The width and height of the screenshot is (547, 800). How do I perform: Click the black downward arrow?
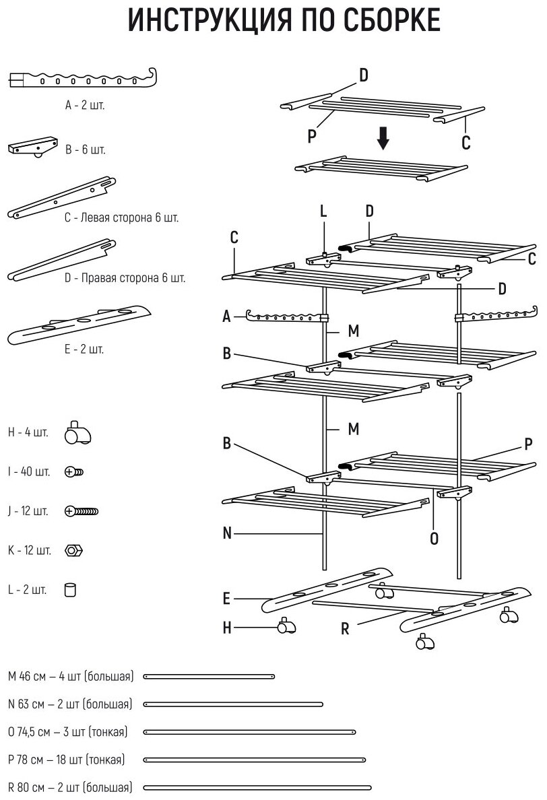(x=383, y=138)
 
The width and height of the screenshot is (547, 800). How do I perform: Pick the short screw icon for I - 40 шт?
(x=74, y=472)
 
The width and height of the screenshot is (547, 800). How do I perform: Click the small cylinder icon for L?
(x=69, y=591)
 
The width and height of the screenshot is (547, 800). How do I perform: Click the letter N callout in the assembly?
(x=228, y=533)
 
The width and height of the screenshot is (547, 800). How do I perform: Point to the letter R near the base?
(x=345, y=630)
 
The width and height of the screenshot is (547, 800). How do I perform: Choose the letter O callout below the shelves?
(x=434, y=538)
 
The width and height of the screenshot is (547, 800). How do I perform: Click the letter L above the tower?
(x=323, y=211)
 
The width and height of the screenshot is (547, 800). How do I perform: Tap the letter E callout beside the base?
(x=228, y=598)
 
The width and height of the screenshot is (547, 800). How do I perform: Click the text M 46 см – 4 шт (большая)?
(x=71, y=675)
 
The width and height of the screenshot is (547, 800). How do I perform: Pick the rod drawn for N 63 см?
(x=233, y=704)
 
